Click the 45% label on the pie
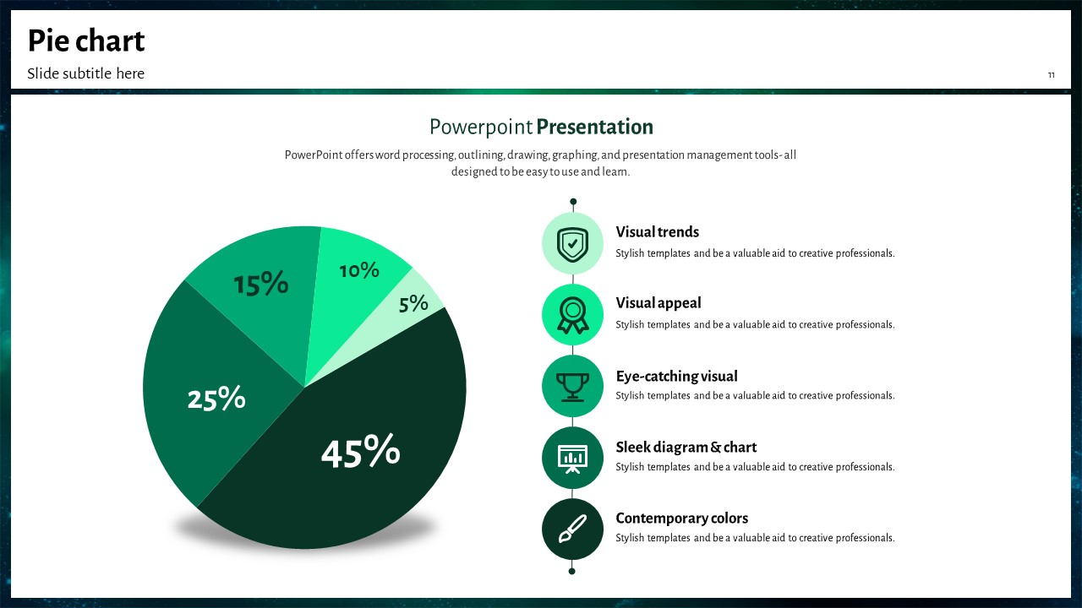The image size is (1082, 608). click(360, 451)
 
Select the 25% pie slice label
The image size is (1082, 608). click(216, 398)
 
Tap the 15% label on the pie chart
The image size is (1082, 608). click(261, 283)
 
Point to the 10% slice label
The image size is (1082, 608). click(359, 270)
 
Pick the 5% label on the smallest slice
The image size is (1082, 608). click(413, 303)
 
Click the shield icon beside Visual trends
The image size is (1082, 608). click(572, 244)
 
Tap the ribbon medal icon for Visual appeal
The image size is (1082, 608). click(572, 315)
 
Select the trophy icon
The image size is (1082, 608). click(572, 387)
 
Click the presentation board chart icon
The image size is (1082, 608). click(572, 458)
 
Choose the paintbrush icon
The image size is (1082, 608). click(572, 529)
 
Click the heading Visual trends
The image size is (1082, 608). click(657, 232)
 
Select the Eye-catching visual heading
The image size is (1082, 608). click(676, 377)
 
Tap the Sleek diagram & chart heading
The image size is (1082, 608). click(686, 448)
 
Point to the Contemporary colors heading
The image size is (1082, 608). click(681, 518)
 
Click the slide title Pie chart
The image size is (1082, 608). click(86, 41)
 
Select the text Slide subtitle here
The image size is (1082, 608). click(85, 73)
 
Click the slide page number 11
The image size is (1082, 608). click(1051, 75)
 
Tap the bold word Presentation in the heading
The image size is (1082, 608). click(594, 127)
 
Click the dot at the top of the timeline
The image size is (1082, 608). click(573, 201)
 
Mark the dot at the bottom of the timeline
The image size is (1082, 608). click(572, 572)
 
